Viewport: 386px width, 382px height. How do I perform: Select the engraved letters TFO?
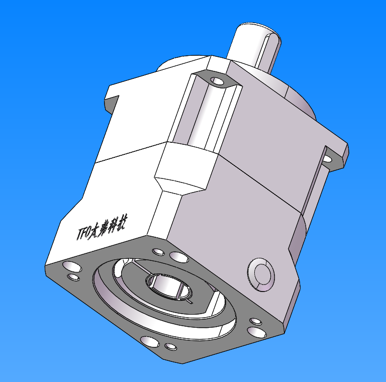[83, 233]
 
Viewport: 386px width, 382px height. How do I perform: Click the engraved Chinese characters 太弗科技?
[109, 227]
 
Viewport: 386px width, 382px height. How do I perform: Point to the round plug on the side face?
[261, 274]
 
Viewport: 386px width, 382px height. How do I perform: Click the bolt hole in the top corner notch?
[218, 80]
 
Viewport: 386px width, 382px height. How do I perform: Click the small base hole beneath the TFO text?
[73, 277]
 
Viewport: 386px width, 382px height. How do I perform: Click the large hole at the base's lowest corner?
[150, 342]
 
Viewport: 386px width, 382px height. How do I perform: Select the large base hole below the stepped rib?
[178, 257]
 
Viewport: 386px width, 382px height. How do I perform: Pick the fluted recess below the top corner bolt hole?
[206, 116]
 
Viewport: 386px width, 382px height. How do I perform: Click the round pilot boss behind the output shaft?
[302, 101]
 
